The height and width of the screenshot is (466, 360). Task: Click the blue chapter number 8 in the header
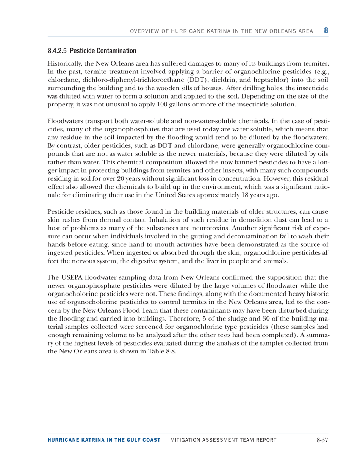click(x=326, y=30)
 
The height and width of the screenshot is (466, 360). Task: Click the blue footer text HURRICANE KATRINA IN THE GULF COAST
click(x=104, y=440)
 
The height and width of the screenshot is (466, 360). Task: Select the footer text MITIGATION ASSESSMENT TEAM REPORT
click(x=223, y=440)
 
